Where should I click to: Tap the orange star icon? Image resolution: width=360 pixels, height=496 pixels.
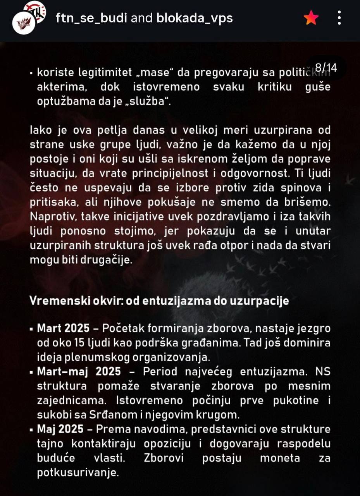[x=311, y=18]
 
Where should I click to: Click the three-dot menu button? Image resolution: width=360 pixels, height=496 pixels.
[x=339, y=18]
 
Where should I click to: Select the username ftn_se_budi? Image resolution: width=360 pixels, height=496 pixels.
[x=92, y=18]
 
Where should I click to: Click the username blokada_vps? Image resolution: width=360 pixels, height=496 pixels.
[x=195, y=18]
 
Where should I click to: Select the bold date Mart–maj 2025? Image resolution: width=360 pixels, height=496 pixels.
[x=79, y=372]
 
